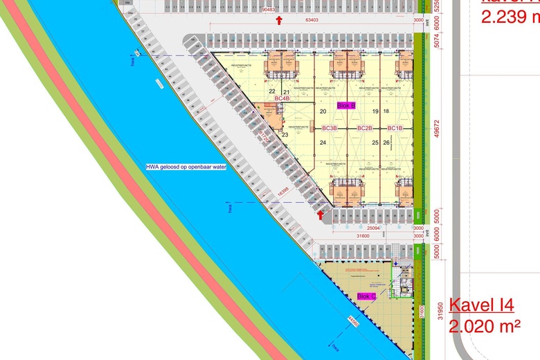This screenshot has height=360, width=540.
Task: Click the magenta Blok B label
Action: pos(345,105)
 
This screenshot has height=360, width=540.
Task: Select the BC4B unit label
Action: pos(282,99)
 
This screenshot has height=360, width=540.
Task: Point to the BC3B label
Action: pos(329,128)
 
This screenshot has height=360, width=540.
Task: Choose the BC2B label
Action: pos(365,128)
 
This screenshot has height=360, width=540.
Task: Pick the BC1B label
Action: pos(395,128)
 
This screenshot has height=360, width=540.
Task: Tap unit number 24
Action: pos(323,143)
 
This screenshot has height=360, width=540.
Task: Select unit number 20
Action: pos(323,111)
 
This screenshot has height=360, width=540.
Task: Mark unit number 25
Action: pos(375,143)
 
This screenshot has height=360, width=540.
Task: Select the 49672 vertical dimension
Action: pos(437,128)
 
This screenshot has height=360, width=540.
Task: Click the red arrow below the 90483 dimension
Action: pos(278,20)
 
